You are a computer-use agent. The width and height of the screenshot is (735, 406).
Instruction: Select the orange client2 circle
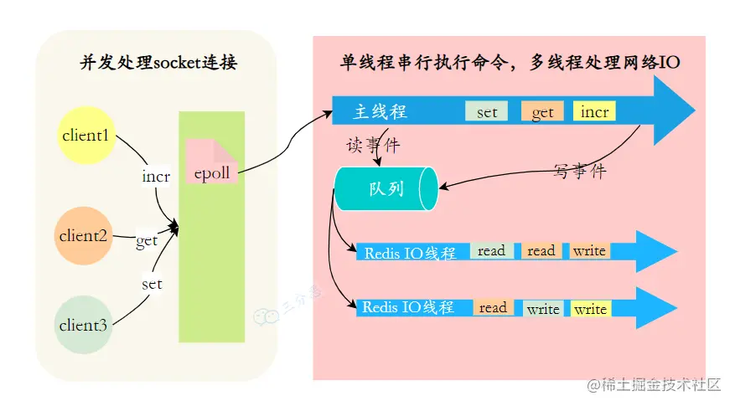tap(83, 235)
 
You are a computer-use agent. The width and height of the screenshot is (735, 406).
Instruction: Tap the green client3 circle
tap(83, 325)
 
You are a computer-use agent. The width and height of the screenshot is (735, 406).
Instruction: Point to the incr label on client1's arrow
tap(156, 177)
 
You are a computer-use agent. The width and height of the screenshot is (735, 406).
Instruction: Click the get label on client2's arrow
tap(147, 241)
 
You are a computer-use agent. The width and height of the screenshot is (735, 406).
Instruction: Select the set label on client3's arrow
tap(152, 284)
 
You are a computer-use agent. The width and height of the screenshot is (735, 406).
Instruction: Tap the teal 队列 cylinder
tap(386, 188)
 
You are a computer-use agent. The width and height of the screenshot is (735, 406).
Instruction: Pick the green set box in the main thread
tap(487, 112)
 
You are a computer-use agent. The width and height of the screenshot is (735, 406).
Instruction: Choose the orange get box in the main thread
tap(542, 112)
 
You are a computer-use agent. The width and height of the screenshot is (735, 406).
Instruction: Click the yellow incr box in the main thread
tap(594, 112)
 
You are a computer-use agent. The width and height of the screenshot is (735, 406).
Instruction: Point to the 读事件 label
tap(373, 146)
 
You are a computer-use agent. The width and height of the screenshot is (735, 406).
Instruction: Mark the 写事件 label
tap(579, 172)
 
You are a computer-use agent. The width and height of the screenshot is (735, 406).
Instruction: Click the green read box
tap(492, 250)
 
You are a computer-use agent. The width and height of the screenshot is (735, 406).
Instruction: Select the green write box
tap(543, 309)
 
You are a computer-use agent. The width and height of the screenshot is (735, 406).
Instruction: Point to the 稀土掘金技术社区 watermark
tap(655, 385)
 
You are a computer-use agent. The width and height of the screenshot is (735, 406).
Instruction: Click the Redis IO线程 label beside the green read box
tap(410, 252)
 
